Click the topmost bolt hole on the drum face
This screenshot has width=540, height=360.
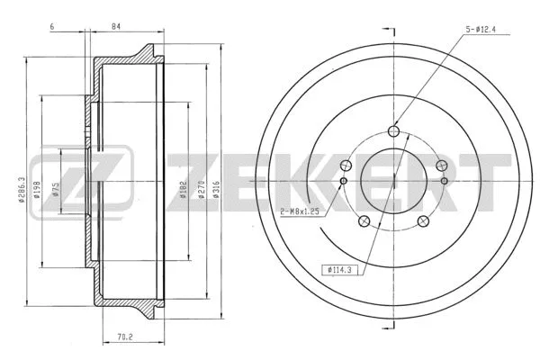point(394,130)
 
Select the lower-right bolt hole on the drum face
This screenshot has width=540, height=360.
point(424,221)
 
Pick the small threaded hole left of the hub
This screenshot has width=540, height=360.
point(344,182)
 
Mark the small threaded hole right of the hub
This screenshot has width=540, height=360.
point(445,182)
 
